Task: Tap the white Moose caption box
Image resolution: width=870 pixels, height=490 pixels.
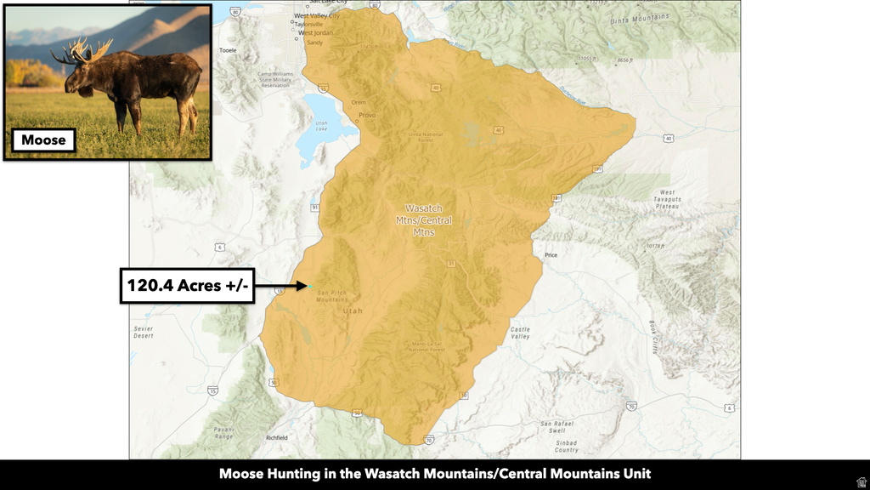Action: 44,140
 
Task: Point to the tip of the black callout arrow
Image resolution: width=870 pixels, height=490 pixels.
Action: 308,286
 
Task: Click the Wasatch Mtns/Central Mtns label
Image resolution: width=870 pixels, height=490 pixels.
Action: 423,220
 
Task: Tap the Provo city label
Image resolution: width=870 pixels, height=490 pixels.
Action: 367,115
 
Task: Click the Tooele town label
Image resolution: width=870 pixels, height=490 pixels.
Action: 228,50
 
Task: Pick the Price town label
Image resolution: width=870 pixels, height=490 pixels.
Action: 551,254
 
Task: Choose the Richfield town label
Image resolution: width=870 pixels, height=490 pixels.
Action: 277,437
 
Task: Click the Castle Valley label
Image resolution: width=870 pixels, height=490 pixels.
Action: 520,333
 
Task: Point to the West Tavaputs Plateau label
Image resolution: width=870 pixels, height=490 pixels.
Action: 669,199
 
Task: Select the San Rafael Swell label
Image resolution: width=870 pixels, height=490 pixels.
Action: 555,427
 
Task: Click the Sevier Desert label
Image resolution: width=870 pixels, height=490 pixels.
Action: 143,331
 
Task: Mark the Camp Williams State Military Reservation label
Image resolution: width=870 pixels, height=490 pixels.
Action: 275,79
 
